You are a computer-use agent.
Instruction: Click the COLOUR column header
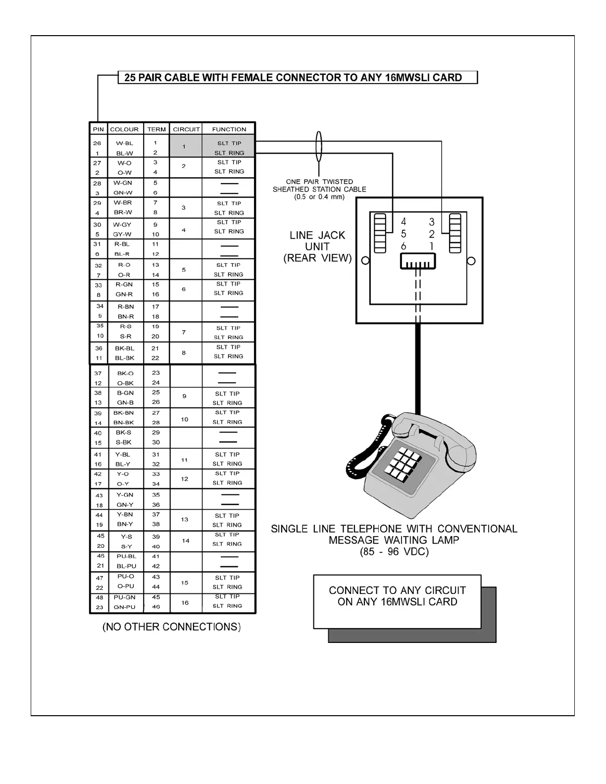click(x=124, y=129)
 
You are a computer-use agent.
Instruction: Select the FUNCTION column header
click(x=229, y=129)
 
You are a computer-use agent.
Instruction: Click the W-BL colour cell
click(x=124, y=144)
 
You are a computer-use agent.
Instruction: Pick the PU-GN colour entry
click(x=126, y=597)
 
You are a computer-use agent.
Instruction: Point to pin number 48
click(x=99, y=597)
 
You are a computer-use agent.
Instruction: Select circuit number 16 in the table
click(x=185, y=602)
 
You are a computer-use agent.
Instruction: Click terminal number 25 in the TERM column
click(x=155, y=392)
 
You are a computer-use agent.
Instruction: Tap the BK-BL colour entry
click(x=124, y=348)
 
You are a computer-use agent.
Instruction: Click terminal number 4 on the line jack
click(x=404, y=222)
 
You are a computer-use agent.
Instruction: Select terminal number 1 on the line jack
click(x=432, y=246)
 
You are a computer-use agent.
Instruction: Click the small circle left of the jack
click(x=365, y=261)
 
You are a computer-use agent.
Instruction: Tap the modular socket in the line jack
click(x=417, y=261)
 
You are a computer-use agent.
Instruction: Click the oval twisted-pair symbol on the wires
click(x=319, y=147)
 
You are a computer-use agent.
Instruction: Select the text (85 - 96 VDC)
click(x=394, y=551)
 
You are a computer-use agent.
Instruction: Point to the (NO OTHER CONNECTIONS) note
click(x=171, y=627)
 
